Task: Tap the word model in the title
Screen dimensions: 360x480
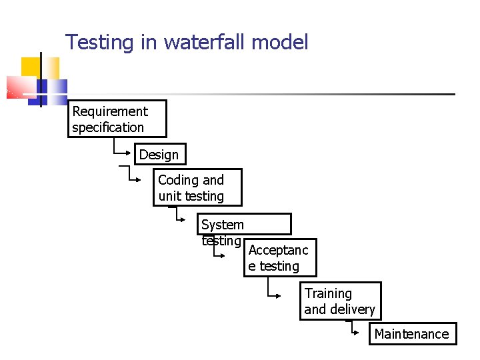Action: (x=280, y=43)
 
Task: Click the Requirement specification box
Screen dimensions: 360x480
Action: (x=117, y=119)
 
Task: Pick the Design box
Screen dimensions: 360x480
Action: (x=159, y=155)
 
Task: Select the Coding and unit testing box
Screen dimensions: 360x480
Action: (x=198, y=187)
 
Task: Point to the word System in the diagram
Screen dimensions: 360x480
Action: (x=223, y=225)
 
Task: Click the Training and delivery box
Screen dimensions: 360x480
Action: (x=340, y=301)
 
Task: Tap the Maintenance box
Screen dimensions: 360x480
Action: (x=413, y=334)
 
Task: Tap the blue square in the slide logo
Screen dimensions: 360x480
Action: (x=57, y=89)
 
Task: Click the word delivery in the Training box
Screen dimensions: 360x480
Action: (x=353, y=309)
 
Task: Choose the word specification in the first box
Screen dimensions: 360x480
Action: (x=108, y=127)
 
